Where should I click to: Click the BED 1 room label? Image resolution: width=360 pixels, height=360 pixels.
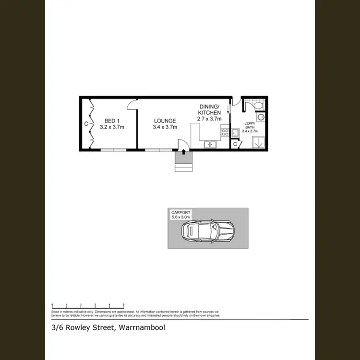tap(112, 120)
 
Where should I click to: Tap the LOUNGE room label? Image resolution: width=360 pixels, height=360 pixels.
tap(165, 120)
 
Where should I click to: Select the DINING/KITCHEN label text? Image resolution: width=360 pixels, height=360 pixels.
tap(209, 109)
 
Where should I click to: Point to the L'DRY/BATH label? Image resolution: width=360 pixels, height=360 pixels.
tap(250, 125)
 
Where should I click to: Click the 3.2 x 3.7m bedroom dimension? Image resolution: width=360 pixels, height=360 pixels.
tap(112, 127)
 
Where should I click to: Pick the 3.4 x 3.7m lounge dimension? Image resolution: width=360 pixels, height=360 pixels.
tap(165, 127)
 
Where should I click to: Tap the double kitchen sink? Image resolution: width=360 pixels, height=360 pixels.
tap(210, 144)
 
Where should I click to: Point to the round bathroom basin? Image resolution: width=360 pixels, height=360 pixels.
tap(260, 117)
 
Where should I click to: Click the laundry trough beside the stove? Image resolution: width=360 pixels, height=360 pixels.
tap(236, 132)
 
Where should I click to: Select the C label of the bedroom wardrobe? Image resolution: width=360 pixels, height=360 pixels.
tap(86, 124)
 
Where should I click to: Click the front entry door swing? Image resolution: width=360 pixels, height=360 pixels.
tap(181, 145)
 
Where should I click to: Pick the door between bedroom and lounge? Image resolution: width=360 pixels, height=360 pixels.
tap(132, 104)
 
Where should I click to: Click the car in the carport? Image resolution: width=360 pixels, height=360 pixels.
tap(207, 231)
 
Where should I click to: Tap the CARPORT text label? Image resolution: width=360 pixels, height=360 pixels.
tap(180, 212)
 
